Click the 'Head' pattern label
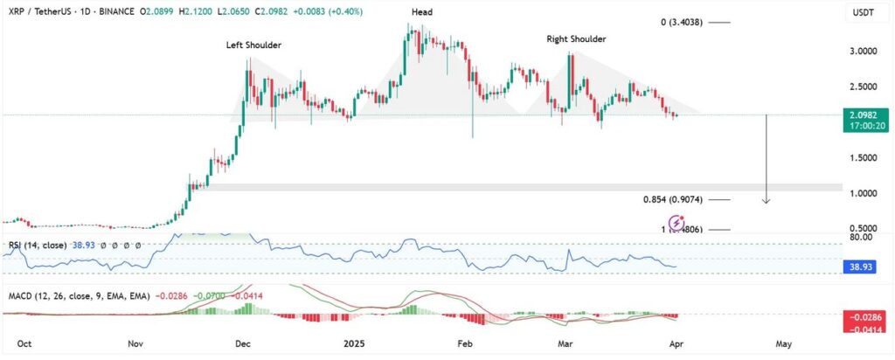[422, 12]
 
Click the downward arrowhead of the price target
[766, 201]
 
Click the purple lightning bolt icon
[676, 223]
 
